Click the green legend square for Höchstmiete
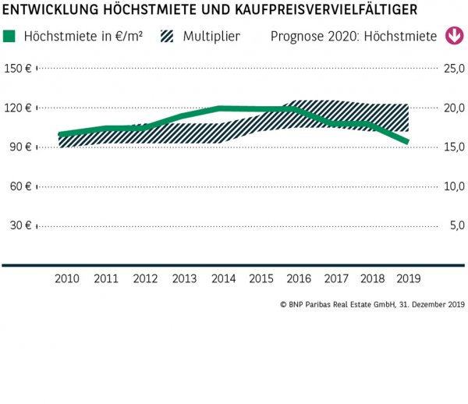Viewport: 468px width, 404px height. pyautogui.click(x=9, y=37)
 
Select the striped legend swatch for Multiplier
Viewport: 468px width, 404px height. pyautogui.click(x=168, y=37)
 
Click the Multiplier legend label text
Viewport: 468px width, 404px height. pyautogui.click(x=211, y=37)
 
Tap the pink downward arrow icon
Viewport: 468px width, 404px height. pyautogui.click(x=453, y=36)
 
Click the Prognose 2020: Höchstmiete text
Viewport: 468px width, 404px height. pyautogui.click(x=353, y=37)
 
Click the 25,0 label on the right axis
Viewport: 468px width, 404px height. pyautogui.click(x=453, y=69)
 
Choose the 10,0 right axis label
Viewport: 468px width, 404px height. pyautogui.click(x=453, y=186)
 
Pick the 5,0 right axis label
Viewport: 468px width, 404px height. pyautogui.click(x=456, y=226)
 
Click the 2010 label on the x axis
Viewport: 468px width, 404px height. pyautogui.click(x=67, y=279)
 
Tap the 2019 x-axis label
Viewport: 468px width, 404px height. pyautogui.click(x=407, y=279)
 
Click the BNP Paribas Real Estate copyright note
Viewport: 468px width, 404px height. pyautogui.click(x=371, y=305)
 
